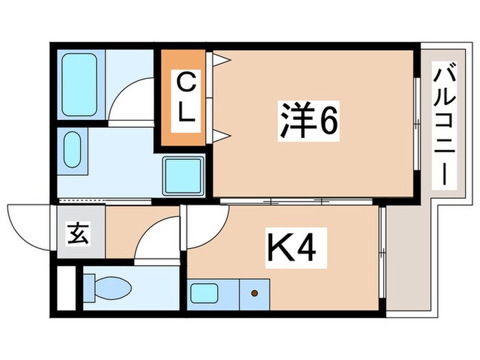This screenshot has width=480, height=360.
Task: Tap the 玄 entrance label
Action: [77, 235]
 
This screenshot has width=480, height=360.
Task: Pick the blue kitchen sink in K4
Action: [204, 294]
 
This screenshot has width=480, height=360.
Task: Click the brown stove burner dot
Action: [255, 293]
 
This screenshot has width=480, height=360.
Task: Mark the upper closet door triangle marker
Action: [219, 60]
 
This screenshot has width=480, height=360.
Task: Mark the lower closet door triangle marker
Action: [219, 136]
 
